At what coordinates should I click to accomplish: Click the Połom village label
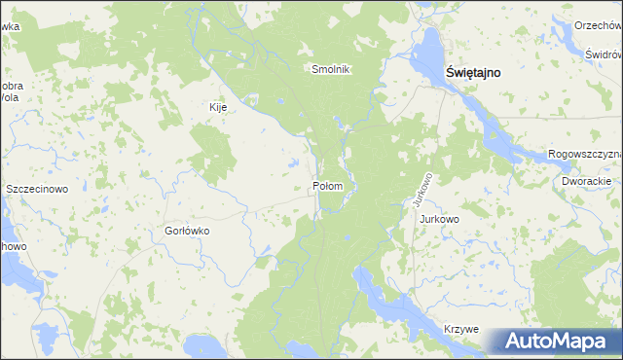tap(327, 185)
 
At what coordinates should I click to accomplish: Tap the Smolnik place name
tap(330, 69)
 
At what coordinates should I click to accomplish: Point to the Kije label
tap(218, 107)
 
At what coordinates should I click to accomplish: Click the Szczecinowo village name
tap(37, 189)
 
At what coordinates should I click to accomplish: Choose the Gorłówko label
tap(187, 232)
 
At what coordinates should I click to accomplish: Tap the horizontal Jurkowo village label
tap(439, 219)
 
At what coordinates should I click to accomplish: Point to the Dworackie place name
tap(586, 181)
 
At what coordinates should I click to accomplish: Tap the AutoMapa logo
tap(554, 341)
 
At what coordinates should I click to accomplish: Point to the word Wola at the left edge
tap(10, 98)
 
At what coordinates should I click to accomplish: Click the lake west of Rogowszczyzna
tap(506, 136)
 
